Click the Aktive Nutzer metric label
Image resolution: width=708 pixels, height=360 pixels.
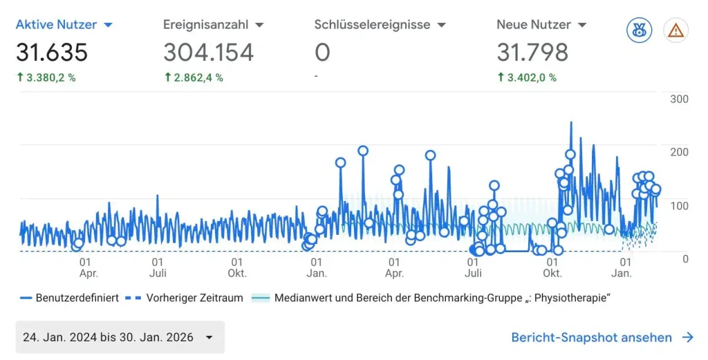click(57, 24)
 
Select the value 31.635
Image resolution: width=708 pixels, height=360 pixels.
click(52, 53)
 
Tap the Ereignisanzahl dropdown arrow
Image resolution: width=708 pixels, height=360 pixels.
click(259, 26)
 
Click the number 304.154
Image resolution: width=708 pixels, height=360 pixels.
click(209, 53)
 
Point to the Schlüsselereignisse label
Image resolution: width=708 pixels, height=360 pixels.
click(373, 24)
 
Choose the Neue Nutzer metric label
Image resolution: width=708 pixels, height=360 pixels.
click(534, 24)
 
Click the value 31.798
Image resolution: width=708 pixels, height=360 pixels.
click(532, 53)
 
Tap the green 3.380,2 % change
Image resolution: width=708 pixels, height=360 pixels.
click(46, 77)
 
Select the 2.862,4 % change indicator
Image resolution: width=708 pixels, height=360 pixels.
click(194, 77)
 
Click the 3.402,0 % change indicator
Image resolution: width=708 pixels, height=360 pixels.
click(527, 77)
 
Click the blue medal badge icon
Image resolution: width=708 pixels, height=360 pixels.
click(639, 30)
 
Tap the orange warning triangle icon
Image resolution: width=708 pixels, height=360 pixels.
click(676, 30)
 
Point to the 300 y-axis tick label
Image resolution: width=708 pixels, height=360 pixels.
click(679, 99)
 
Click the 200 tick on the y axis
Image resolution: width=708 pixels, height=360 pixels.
click(679, 152)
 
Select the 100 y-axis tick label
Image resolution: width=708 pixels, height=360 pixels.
click(679, 206)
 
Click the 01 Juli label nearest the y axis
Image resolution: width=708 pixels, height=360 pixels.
click(473, 267)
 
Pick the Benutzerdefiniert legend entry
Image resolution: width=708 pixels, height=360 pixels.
click(70, 298)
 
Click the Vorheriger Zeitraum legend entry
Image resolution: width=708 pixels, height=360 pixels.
click(183, 298)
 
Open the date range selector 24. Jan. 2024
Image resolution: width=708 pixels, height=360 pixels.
click(120, 337)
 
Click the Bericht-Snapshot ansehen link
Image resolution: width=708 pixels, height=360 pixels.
click(602, 337)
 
